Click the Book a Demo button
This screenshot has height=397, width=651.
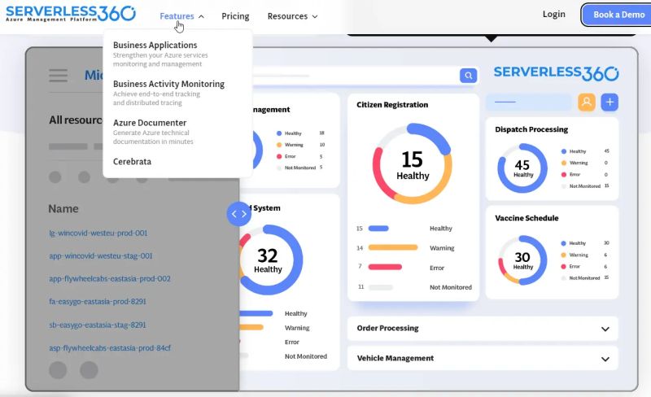618,15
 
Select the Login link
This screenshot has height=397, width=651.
553,15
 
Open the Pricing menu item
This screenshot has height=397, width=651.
235,16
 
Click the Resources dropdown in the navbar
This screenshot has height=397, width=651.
292,16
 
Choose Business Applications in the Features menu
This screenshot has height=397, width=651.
155,46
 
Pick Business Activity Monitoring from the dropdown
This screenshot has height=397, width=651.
168,84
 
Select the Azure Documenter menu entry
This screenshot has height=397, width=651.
150,123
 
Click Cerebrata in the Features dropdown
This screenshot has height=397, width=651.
132,161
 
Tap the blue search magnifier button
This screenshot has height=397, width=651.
468,76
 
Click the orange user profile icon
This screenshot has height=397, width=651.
587,102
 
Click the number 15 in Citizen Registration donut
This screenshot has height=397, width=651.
413,159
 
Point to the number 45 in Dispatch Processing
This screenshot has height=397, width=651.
522,165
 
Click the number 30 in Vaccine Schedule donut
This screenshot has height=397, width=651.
522,257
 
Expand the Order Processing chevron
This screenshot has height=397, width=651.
605,329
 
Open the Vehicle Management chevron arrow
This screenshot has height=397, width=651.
605,359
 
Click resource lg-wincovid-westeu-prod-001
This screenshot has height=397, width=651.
98,233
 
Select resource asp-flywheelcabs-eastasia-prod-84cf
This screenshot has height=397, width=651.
110,348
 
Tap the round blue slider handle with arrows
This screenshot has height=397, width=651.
238,214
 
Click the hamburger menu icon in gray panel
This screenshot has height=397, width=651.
58,76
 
